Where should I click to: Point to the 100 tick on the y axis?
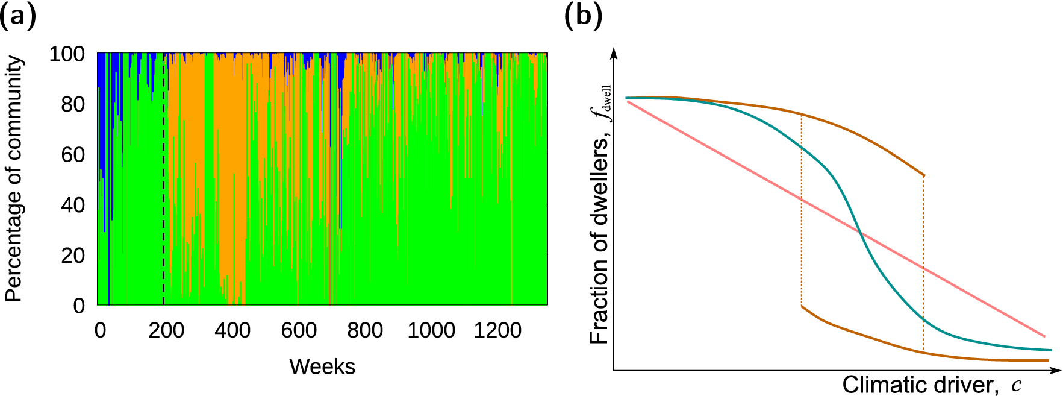click(67, 54)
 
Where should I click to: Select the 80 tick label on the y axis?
click(73, 105)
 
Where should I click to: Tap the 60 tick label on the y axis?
click(73, 155)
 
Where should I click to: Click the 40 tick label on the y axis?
click(73, 205)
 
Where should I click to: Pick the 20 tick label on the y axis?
click(73, 256)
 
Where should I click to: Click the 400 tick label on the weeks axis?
click(232, 330)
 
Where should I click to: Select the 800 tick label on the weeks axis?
click(365, 330)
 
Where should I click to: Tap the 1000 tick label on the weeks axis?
click(431, 330)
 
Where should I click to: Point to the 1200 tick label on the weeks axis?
click(497, 330)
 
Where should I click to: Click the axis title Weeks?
click(322, 366)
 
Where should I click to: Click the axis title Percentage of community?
click(14, 179)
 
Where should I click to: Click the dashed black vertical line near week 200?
click(163, 181)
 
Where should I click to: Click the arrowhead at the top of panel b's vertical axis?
click(614, 52)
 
